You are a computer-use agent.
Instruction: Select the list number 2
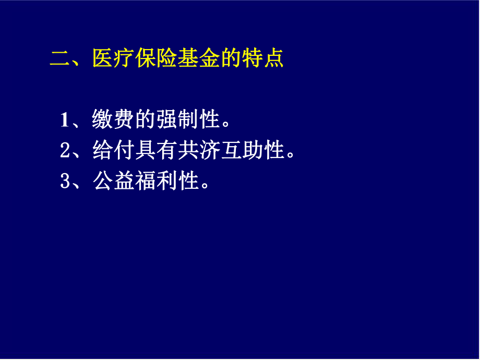tap(65, 151)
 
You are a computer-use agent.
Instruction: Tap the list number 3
tap(65, 182)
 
